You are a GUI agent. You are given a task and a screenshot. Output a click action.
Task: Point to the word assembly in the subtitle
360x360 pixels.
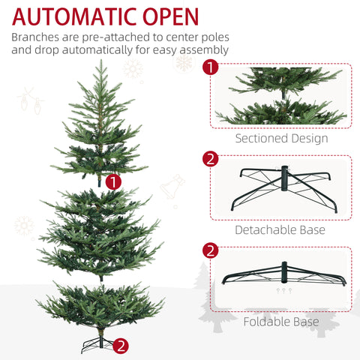(202, 51)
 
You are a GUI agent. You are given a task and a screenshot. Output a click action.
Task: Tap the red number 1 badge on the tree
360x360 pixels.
(113, 181)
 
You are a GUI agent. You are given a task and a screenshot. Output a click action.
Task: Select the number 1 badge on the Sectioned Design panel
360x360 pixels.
(211, 67)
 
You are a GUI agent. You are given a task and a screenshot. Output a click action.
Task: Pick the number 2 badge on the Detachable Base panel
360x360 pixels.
(211, 159)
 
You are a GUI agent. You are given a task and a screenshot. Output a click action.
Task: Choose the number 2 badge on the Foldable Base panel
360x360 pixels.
(211, 250)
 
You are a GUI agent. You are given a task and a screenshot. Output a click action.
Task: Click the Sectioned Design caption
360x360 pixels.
(281, 138)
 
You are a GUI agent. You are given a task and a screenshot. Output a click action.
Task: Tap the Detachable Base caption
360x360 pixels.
(280, 229)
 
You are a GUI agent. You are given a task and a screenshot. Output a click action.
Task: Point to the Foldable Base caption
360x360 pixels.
(281, 322)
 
